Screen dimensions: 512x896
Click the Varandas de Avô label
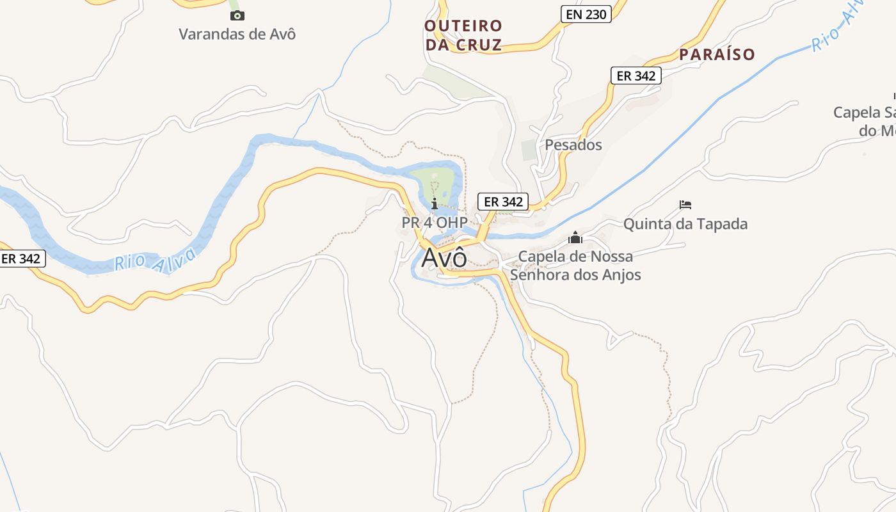237,34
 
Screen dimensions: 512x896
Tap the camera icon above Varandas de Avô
237,15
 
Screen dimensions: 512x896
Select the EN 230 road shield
586,14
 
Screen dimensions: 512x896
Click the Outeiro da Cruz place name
463,35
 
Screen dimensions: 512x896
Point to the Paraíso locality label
717,54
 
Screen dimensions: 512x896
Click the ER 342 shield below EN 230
635,76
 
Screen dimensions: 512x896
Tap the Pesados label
573,145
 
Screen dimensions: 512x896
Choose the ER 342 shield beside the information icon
503,202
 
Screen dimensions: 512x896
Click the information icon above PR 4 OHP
435,204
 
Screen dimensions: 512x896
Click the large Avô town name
444,257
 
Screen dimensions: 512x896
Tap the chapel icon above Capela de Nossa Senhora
575,238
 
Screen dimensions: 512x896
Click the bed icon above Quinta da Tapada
685,205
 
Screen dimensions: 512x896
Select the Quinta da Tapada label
685,224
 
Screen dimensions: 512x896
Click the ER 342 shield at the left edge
22,259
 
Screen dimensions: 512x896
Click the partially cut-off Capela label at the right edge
864,121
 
